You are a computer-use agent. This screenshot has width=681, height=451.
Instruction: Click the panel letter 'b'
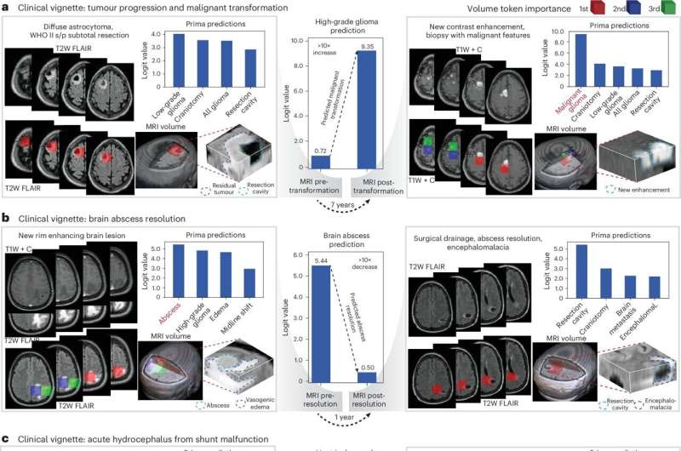tap(5, 218)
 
